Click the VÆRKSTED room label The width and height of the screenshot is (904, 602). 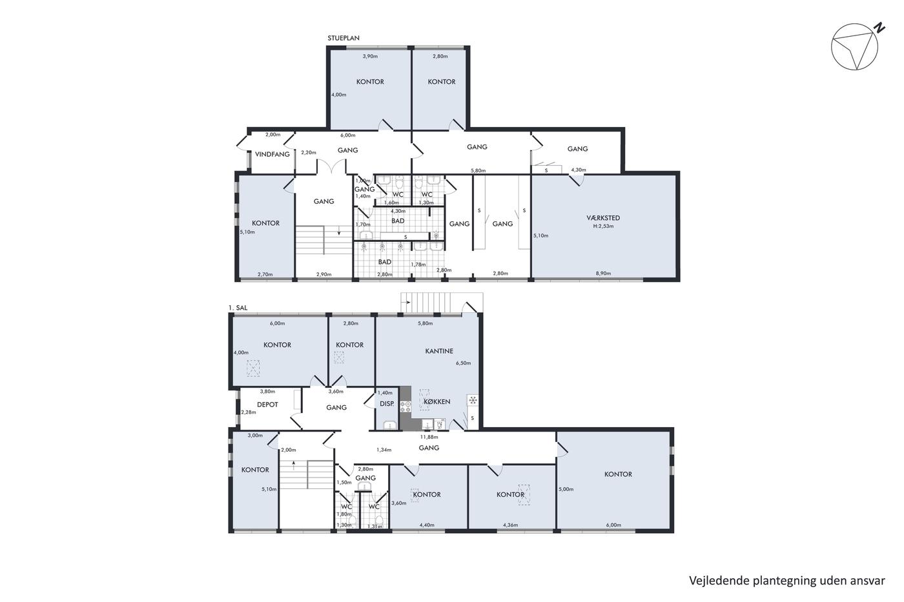603,217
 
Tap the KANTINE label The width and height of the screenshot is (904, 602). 439,351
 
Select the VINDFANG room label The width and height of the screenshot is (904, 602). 272,154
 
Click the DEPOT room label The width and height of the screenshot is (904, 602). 267,405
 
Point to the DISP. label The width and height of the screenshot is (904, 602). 387,404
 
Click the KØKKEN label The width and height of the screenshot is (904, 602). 437,401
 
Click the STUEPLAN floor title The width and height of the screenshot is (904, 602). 344,38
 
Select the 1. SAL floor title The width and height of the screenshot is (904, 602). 238,308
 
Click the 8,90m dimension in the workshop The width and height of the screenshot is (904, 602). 603,274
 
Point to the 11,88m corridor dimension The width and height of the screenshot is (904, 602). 429,437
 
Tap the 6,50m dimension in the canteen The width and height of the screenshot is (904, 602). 464,363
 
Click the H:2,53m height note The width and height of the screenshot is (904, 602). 603,226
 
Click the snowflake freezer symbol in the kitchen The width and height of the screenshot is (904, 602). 473,400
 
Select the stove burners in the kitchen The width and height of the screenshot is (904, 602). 406,406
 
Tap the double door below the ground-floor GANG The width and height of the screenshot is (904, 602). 331,166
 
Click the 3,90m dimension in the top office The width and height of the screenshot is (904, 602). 370,56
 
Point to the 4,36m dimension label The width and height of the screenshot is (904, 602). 511,525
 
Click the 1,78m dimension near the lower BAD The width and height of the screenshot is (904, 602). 418,265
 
